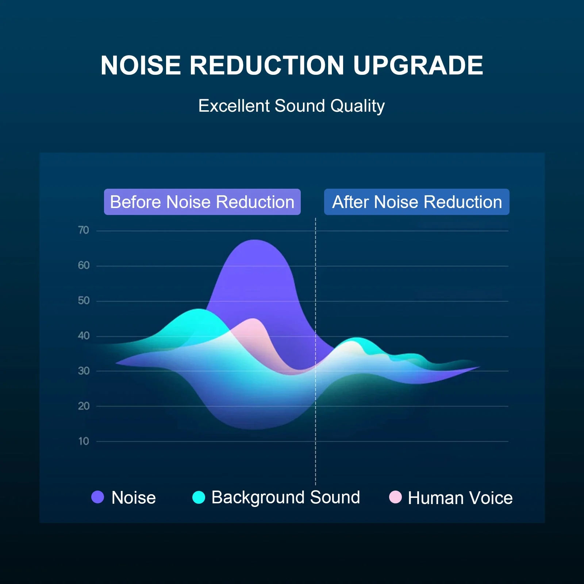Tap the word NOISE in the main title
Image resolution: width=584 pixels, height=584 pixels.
[141, 66]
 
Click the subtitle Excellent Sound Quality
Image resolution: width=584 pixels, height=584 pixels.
[291, 106]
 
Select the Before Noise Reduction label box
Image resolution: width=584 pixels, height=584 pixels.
[202, 202]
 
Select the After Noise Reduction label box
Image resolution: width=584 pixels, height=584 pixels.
[416, 202]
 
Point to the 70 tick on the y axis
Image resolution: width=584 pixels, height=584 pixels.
[84, 230]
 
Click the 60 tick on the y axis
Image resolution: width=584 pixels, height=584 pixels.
[84, 265]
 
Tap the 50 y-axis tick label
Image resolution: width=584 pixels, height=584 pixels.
[84, 301]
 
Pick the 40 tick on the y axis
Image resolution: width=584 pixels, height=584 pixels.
[84, 336]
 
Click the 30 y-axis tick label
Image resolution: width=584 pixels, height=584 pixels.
[84, 371]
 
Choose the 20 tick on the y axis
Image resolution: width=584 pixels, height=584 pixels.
[84, 406]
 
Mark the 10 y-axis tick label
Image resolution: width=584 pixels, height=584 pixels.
[84, 441]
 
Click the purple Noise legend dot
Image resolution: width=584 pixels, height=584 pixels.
[98, 497]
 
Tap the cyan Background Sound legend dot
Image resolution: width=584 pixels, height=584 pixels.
[199, 497]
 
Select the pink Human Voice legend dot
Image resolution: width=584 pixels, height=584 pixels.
[395, 497]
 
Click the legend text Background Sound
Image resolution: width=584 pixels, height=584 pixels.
[285, 497]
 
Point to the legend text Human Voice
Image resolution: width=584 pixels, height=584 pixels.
[460, 498]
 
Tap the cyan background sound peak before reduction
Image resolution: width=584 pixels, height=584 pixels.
[198, 310]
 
